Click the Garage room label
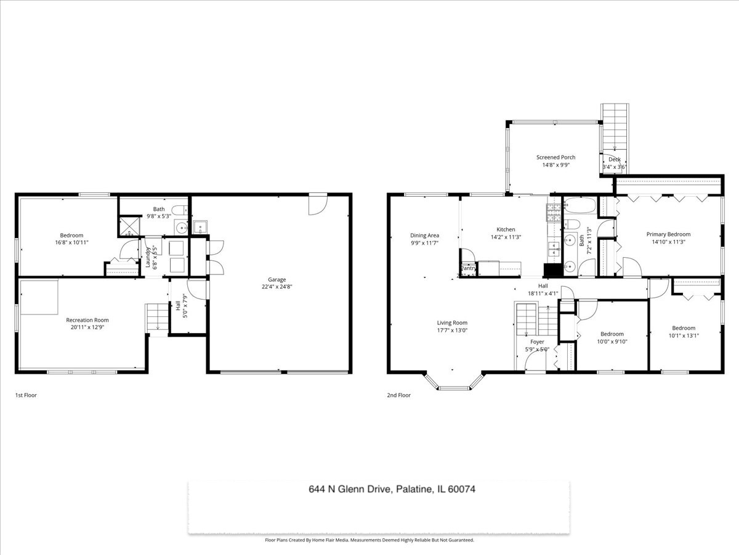click(x=277, y=279)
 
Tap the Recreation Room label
click(x=87, y=320)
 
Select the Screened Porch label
click(x=555, y=157)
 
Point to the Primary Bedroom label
click(x=668, y=234)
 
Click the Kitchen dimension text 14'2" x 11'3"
click(x=506, y=237)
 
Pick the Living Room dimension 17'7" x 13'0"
click(x=452, y=331)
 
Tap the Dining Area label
click(x=424, y=235)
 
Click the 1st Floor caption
click(x=26, y=395)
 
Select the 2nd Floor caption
click(x=398, y=395)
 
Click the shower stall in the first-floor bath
click(x=129, y=226)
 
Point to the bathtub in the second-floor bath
click(x=580, y=205)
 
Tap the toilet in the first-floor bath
click(x=179, y=210)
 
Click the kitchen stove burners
click(x=554, y=213)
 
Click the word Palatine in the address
click(x=414, y=489)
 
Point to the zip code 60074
click(x=462, y=489)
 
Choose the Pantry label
click(x=468, y=268)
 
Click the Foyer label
click(x=537, y=342)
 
